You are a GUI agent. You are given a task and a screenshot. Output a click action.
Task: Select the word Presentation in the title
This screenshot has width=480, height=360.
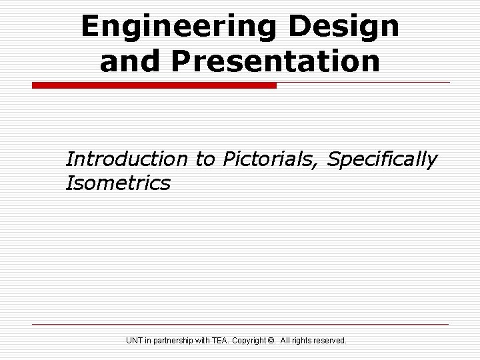point(274,61)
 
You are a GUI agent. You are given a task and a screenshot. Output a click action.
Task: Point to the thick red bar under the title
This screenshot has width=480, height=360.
point(154,85)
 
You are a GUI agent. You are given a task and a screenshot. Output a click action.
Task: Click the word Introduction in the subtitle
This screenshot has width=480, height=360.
point(127,159)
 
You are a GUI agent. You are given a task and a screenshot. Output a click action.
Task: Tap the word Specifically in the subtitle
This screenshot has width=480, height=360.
point(383,160)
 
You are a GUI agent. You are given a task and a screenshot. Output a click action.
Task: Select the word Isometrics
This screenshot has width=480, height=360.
point(118,183)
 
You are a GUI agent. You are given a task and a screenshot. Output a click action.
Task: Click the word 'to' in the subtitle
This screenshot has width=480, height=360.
point(206,159)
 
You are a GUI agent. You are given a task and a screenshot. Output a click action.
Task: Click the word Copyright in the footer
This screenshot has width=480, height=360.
point(252,341)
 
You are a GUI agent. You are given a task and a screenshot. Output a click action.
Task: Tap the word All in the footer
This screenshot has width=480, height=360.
point(286,341)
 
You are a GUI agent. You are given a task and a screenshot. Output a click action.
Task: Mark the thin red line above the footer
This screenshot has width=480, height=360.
point(240,324)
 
